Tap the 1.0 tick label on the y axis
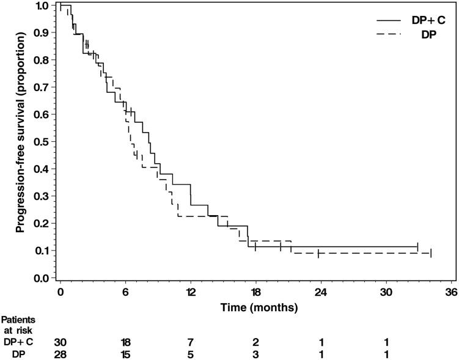pyautogui.click(x=41, y=6)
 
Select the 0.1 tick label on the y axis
pyautogui.click(x=41, y=251)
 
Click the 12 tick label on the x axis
pyautogui.click(x=191, y=293)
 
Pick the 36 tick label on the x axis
pyautogui.click(x=452, y=293)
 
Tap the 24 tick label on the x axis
pyautogui.click(x=321, y=293)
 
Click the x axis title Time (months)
pyautogui.click(x=251, y=305)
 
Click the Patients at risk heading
pyautogui.click(x=17, y=323)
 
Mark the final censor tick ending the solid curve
pyautogui.click(x=417, y=247)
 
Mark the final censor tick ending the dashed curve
pyautogui.click(x=431, y=253)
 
